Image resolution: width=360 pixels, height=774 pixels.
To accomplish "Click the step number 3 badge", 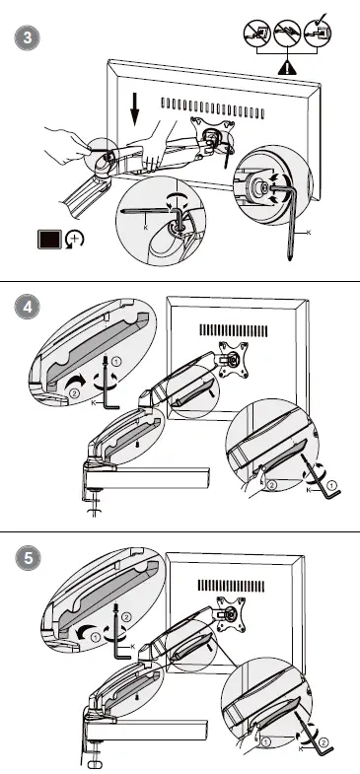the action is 27,37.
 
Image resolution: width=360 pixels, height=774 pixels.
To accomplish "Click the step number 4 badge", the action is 27,307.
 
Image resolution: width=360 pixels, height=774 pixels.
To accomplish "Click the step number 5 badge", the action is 27,559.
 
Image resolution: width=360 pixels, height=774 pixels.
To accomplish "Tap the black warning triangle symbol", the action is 287,66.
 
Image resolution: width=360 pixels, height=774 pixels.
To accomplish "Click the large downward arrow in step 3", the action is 134,107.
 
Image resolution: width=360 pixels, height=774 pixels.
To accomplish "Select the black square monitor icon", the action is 50,240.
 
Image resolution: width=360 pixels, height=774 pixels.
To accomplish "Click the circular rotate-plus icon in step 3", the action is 75,241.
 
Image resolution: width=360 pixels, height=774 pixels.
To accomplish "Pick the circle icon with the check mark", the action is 318,33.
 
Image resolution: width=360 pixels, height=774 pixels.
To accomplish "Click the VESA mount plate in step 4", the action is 232,359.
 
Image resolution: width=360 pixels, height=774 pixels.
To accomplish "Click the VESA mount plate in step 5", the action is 231,614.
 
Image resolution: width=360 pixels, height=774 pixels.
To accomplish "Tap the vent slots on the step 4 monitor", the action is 233,330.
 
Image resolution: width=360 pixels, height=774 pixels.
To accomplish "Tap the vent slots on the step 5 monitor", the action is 231,586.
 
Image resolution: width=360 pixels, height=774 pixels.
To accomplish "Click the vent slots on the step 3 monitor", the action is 212,108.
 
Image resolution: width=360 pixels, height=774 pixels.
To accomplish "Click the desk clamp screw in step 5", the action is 94,756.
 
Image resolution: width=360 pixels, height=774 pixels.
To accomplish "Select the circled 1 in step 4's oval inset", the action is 115,362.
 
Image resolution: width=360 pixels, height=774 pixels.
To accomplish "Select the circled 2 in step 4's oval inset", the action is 75,394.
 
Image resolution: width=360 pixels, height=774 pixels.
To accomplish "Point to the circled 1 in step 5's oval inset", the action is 96,637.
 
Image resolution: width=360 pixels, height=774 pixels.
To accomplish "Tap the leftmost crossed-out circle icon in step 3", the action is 257,34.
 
